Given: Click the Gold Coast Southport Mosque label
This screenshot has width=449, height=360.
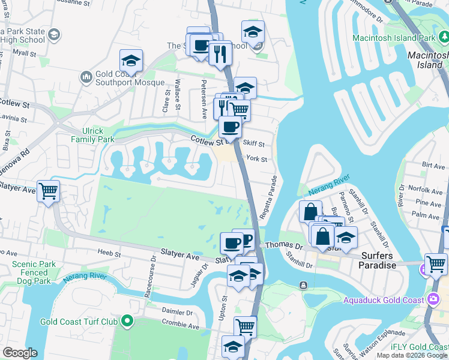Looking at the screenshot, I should pos(130,78).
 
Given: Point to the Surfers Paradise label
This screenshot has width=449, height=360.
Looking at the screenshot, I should pos(378,260).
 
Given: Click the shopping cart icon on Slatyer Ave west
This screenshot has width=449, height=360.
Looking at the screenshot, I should pos(48,191).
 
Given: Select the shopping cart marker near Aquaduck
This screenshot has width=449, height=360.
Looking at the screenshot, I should pos(436,264).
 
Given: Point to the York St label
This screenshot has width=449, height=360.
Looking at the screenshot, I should pos(256,159).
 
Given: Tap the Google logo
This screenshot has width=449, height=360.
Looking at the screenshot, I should pos(20,353).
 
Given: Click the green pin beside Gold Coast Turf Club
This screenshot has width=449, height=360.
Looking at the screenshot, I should pos(127,322).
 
